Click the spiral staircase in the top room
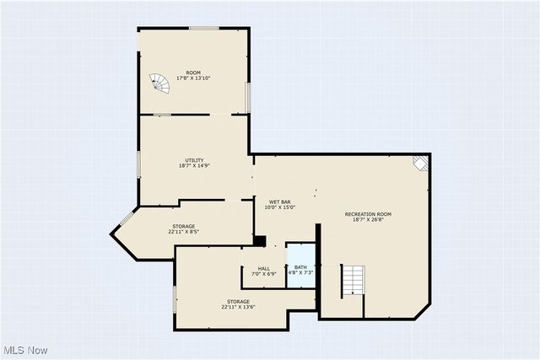coord(159,83)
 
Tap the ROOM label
coord(194,72)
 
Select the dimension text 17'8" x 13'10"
coord(194,78)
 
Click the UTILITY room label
coord(194,160)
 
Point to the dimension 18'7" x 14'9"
coord(194,166)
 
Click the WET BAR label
coord(280,201)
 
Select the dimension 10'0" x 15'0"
coord(280,207)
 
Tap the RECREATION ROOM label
coord(369,214)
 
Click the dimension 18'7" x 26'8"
coord(369,220)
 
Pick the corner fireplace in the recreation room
coord(421,164)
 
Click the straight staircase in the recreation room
coord(354,280)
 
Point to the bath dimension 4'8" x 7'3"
coord(300,273)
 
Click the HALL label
coord(264,268)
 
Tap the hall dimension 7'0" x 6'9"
coord(264,274)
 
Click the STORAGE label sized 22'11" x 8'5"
coord(184,226)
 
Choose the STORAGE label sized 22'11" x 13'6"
coord(238,301)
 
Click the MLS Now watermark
coord(25,350)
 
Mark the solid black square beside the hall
coord(260,241)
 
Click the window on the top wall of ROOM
coord(204,29)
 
